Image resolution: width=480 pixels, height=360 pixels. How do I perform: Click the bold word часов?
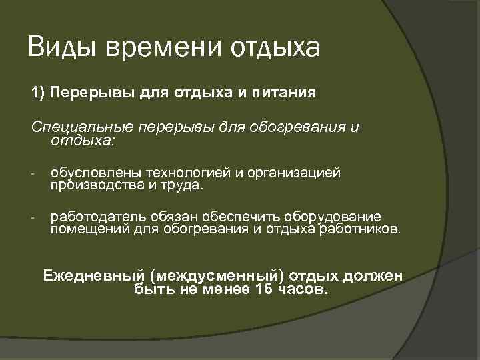(303, 289)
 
